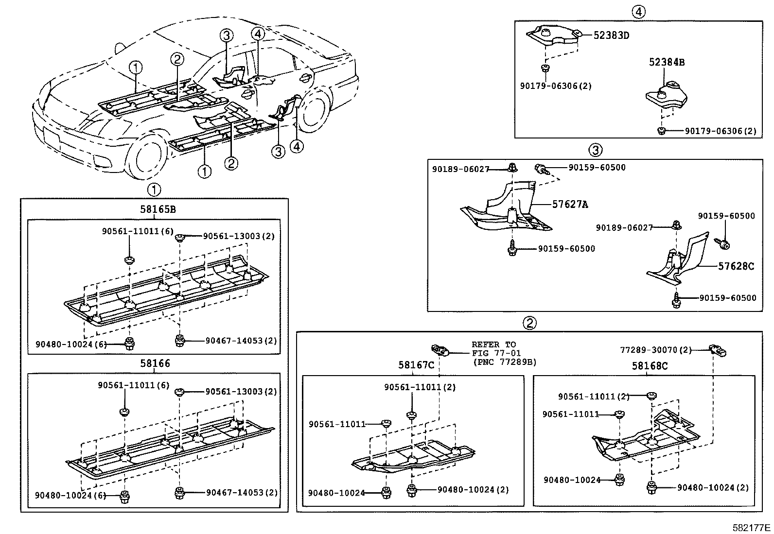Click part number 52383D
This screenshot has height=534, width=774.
pyautogui.click(x=611, y=35)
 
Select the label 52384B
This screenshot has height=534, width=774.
pyautogui.click(x=667, y=62)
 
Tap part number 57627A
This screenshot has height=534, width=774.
pyautogui.click(x=570, y=205)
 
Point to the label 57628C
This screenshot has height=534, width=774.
pyautogui.click(x=736, y=266)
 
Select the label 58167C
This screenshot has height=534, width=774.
pyautogui.click(x=416, y=364)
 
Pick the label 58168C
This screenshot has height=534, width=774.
pyautogui.click(x=650, y=366)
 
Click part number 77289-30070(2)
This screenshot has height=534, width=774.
pyautogui.click(x=656, y=349)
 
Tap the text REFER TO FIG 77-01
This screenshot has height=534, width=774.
pyautogui.click(x=493, y=349)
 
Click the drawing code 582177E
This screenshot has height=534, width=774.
pyautogui.click(x=752, y=528)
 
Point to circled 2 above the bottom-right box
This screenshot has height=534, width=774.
pyautogui.click(x=529, y=322)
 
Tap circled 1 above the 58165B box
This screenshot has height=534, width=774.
pyautogui.click(x=154, y=189)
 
